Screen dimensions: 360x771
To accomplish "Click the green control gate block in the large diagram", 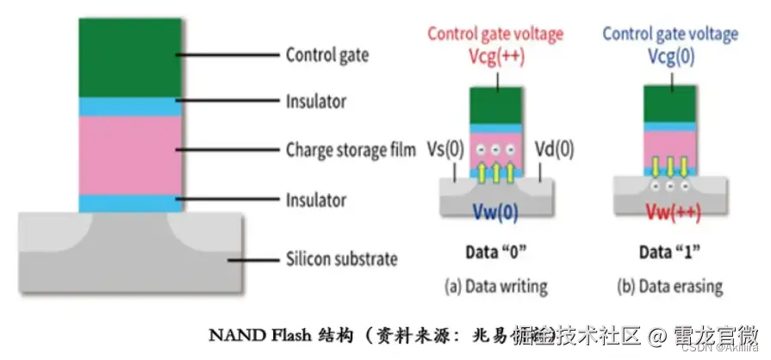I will point(130,57).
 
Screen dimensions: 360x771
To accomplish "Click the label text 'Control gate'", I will point(326,55).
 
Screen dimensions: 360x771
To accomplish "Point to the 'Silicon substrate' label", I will point(341,258).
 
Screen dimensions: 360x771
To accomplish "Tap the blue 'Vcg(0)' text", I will point(669,58).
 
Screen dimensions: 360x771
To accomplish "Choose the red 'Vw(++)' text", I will point(673,210).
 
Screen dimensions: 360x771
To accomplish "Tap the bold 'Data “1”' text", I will point(669,254).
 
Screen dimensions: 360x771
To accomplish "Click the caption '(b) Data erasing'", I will point(669,285).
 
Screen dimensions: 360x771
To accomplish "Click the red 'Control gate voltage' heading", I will point(495,34).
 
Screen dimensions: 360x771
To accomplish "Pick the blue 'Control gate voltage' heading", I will point(669,34).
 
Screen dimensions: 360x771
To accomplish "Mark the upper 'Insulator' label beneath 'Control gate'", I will point(315,101).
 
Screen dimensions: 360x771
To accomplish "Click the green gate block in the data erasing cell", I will point(669,104).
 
